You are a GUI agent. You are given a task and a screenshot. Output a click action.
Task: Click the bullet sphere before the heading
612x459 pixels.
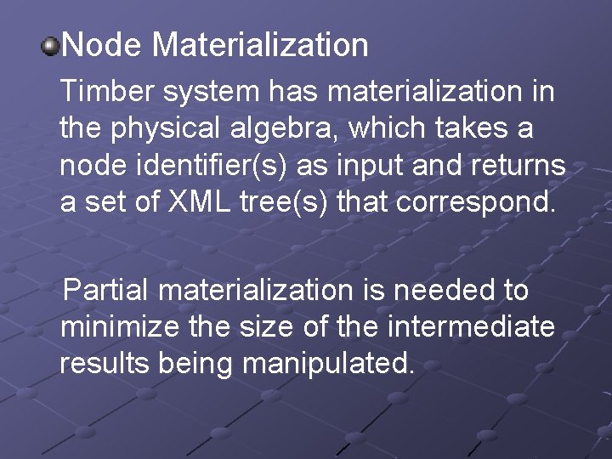point(50,45)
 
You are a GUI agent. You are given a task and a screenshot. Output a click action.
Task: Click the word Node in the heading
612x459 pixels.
point(102,45)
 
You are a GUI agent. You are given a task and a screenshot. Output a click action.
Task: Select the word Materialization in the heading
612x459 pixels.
point(260,45)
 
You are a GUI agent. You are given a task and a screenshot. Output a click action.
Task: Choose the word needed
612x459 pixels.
point(446,291)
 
